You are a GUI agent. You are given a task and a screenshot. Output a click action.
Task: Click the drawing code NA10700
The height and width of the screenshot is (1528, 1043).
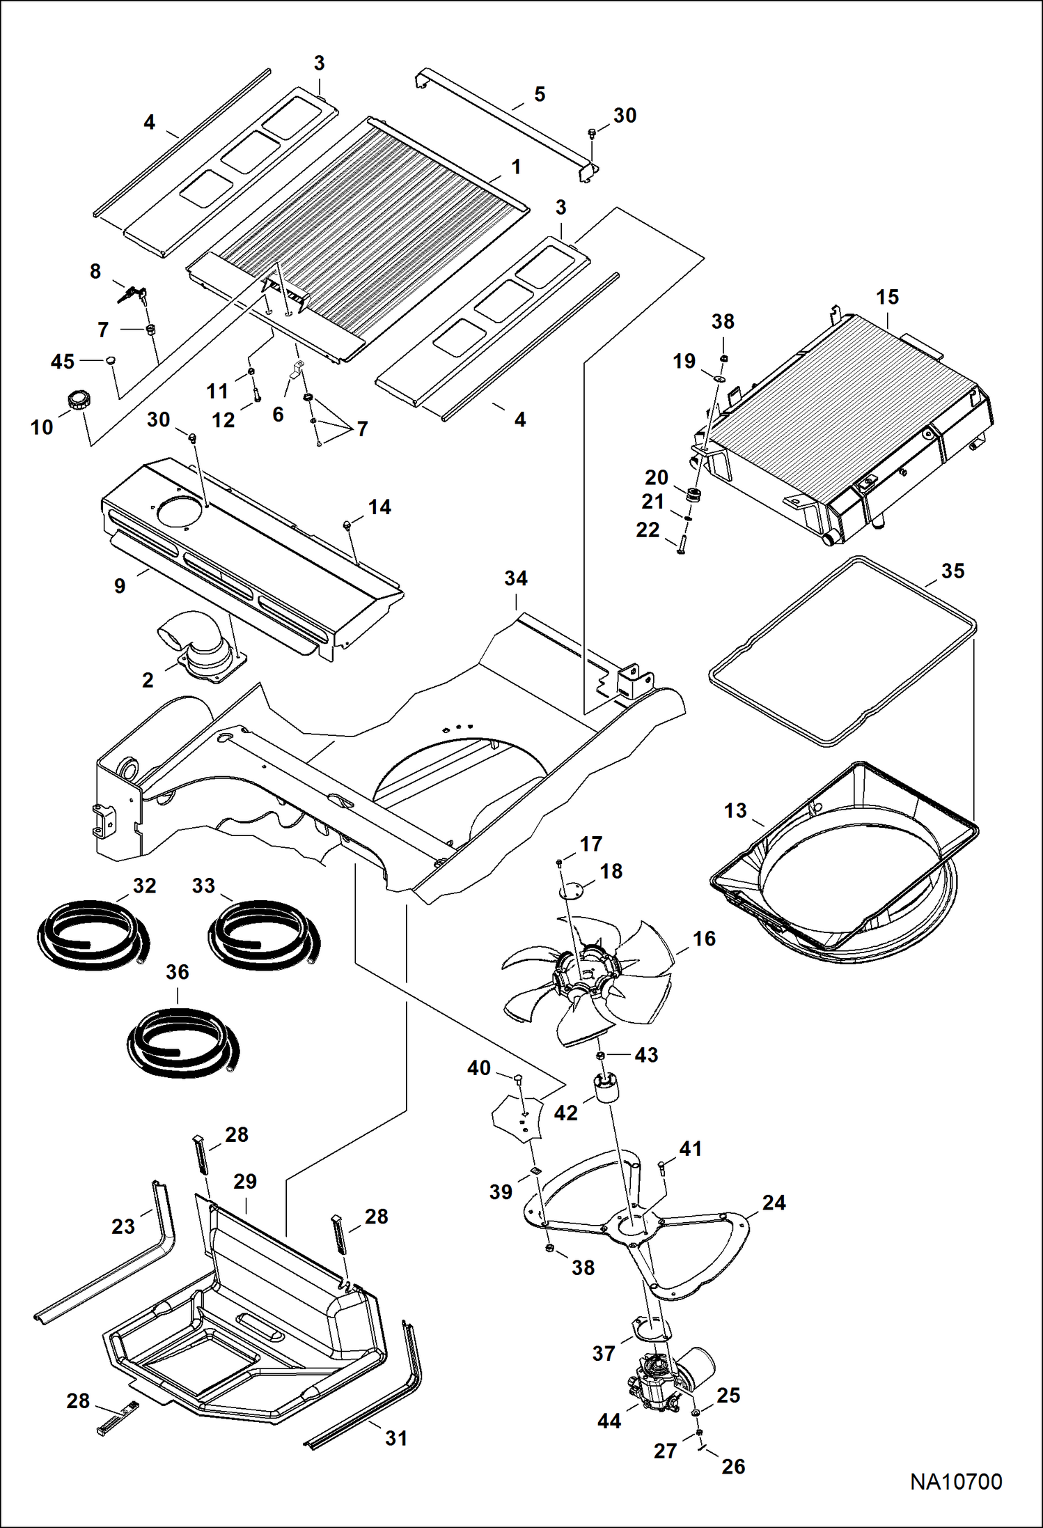click(956, 1481)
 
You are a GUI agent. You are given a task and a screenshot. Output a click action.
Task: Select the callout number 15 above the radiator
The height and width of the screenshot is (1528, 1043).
click(887, 298)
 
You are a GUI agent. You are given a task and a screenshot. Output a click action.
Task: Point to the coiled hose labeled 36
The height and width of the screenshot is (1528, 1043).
click(182, 1044)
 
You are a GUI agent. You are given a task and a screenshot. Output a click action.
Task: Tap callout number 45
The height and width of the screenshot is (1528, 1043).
click(63, 362)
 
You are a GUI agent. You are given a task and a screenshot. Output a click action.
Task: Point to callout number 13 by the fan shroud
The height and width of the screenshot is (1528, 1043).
click(735, 811)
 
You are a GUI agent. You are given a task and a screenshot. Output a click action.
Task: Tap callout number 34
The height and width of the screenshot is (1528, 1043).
click(516, 578)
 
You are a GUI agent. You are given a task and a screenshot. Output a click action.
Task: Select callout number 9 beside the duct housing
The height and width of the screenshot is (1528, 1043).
click(120, 586)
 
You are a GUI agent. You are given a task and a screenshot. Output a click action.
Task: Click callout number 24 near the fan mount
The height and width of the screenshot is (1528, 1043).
click(774, 1203)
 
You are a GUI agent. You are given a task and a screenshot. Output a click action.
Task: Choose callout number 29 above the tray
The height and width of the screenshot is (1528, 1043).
click(245, 1182)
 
